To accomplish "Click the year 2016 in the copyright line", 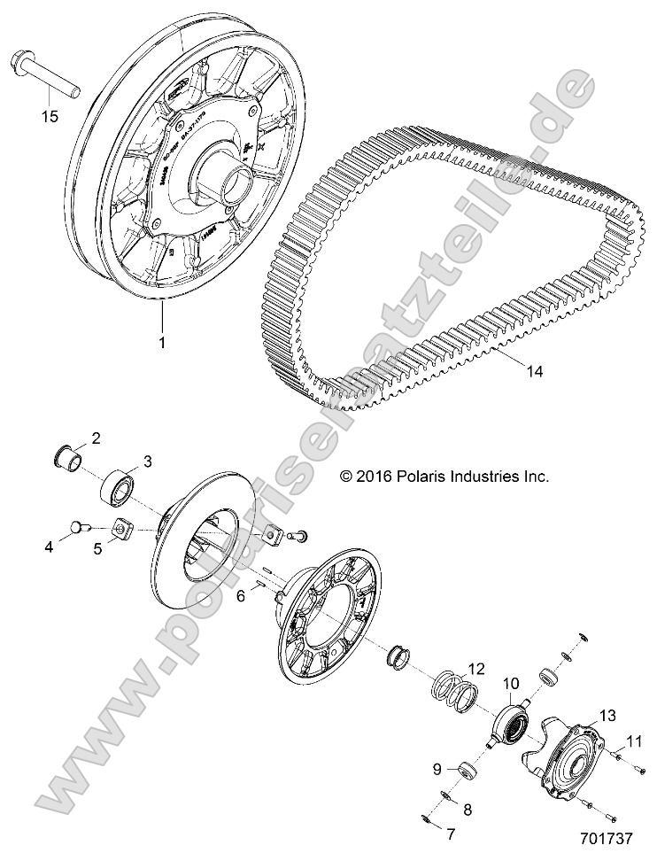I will tap(369, 477).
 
